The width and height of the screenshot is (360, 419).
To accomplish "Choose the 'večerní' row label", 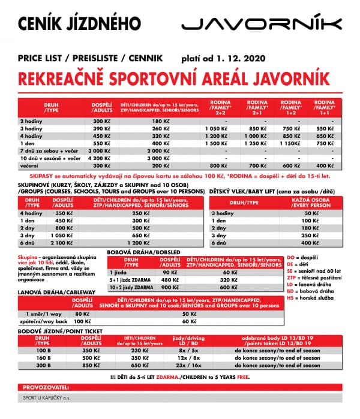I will (x=29, y=165).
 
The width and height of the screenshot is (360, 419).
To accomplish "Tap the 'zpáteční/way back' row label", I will (x=40, y=321).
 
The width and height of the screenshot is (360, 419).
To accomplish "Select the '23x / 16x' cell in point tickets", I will (x=189, y=364).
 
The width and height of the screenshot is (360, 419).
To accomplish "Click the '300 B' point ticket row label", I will (x=44, y=364).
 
